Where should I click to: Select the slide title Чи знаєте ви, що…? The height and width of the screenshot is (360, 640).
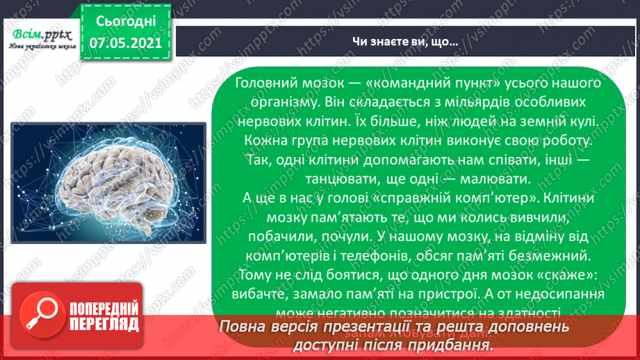403,42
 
